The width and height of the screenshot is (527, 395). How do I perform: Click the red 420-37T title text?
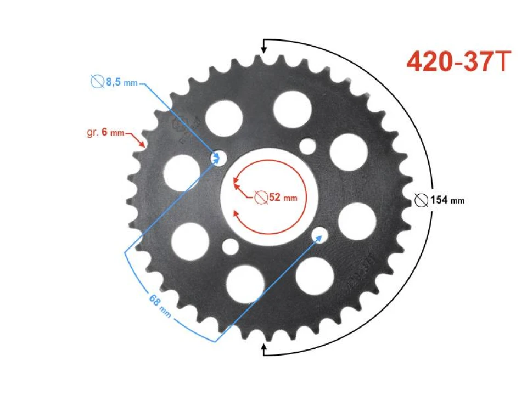(x=459, y=62)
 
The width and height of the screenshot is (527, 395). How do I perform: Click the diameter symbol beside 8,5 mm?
(x=97, y=82)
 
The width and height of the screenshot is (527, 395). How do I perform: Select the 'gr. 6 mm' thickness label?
(x=105, y=133)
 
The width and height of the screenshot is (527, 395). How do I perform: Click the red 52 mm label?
(x=283, y=197)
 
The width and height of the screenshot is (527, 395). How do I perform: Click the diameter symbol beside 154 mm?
(x=422, y=200)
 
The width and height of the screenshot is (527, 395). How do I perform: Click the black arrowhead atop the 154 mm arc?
(x=263, y=48)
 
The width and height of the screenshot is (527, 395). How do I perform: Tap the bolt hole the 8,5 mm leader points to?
(x=219, y=158)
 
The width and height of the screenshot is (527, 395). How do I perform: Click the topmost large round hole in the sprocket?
(x=292, y=108)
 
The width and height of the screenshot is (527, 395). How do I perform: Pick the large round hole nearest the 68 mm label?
(x=190, y=241)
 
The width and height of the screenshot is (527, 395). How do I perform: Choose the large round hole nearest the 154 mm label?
(x=357, y=221)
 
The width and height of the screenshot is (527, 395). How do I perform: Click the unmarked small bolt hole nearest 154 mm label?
(x=308, y=146)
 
